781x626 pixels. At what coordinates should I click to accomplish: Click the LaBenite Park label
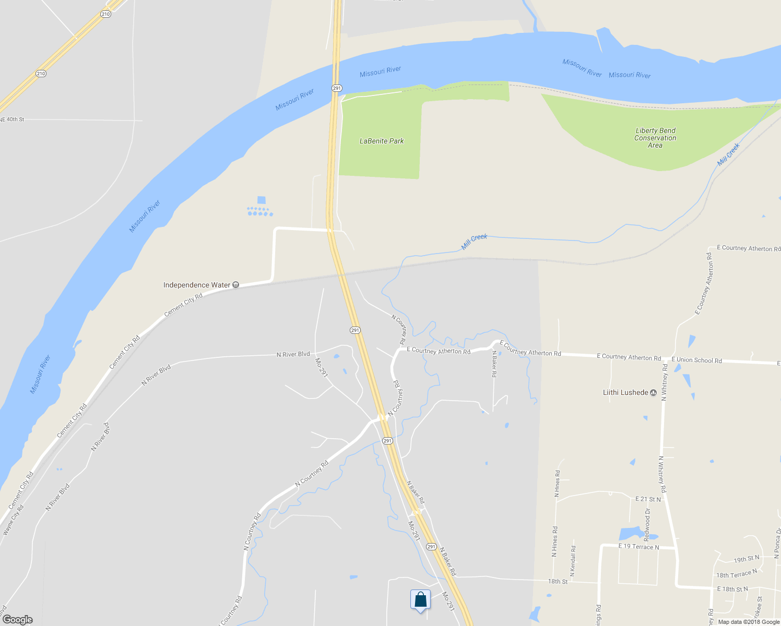point(382,141)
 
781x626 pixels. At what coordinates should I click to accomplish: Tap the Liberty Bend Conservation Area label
point(655,138)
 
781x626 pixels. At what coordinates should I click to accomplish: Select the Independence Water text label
point(196,285)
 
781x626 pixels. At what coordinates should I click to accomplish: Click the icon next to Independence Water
point(236,285)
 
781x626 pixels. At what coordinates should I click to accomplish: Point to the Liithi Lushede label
point(625,392)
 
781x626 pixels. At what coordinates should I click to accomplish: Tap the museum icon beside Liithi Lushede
point(653,393)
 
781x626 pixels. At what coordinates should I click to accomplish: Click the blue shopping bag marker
point(420,600)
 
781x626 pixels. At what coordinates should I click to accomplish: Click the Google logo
point(18,620)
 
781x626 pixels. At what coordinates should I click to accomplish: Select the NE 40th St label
point(12,119)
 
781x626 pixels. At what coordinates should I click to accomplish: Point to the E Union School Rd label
point(696,360)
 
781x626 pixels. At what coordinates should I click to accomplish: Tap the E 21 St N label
point(648,499)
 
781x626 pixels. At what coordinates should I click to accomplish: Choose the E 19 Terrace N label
point(638,547)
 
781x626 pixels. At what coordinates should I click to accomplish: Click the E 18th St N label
point(732,589)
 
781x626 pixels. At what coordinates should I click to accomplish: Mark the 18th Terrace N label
point(736,574)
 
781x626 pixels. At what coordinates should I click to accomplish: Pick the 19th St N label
point(747,559)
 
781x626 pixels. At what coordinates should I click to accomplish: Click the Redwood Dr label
point(647,524)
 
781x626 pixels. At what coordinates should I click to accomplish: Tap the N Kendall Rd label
point(573,561)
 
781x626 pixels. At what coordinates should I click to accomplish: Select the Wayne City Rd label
point(14,520)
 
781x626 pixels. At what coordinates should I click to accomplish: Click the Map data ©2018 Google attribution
point(749,622)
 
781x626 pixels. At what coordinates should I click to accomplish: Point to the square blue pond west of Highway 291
point(262,200)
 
